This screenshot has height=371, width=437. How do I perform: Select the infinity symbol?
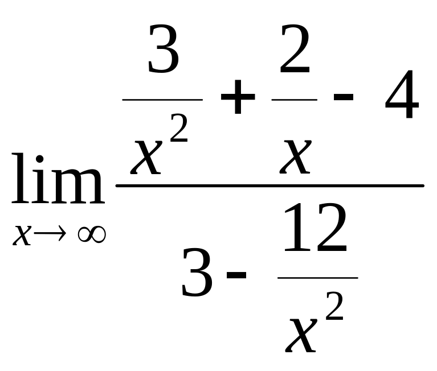pos(91,234)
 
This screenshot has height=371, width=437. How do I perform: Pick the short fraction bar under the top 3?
pos(163,100)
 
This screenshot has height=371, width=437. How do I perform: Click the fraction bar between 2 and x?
pos(295,100)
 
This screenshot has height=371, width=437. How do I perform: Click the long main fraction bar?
pos(270,186)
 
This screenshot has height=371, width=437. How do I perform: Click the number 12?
pos(315,229)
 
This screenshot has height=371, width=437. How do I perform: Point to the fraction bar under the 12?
pos(317,278)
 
